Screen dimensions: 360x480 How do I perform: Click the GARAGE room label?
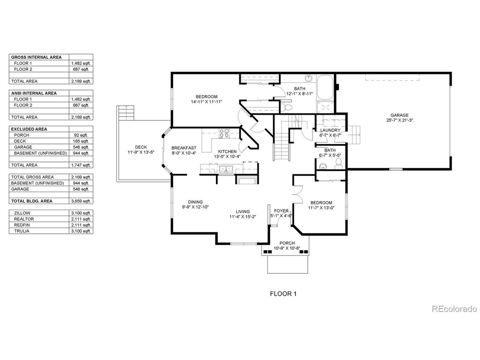[399, 115]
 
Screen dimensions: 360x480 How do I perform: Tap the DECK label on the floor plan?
[141, 147]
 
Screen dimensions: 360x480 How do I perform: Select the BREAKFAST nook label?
[184, 148]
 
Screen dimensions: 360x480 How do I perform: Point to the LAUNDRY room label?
[330, 130]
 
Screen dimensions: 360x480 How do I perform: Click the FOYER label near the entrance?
[281, 211]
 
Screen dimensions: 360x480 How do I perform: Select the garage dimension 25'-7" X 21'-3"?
[399, 120]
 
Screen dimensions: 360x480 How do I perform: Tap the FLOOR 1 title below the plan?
[283, 294]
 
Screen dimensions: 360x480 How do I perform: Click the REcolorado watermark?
[454, 309]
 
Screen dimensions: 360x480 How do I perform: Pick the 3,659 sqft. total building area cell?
[81, 201]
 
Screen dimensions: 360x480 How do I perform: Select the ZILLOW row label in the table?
[22, 213]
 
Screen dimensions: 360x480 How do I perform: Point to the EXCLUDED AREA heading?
[29, 129]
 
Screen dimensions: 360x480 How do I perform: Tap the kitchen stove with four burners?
[224, 133]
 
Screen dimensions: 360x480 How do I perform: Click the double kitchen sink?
[225, 169]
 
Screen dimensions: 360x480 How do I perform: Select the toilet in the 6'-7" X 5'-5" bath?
[338, 162]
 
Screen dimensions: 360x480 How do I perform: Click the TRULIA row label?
[22, 231]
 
